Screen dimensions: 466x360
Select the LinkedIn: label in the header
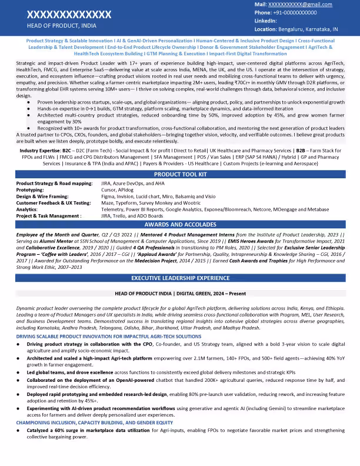(x=266, y=21)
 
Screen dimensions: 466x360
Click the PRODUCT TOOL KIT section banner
(x=179, y=175)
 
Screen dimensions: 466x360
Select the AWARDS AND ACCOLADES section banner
(x=179, y=225)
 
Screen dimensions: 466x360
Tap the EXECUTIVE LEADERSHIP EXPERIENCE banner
(x=179, y=277)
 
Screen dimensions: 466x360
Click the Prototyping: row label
(x=30, y=190)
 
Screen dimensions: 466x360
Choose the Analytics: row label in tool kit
(x=27, y=209)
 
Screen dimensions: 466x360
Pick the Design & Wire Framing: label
(x=43, y=197)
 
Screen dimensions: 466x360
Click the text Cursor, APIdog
(x=118, y=190)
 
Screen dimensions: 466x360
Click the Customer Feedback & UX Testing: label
(x=54, y=202)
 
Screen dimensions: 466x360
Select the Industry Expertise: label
(x=40, y=151)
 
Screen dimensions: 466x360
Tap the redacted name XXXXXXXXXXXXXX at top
(x=69, y=14)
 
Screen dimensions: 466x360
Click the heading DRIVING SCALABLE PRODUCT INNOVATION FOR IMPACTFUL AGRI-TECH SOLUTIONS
(x=109, y=336)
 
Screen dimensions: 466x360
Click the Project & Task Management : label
(x=49, y=215)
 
